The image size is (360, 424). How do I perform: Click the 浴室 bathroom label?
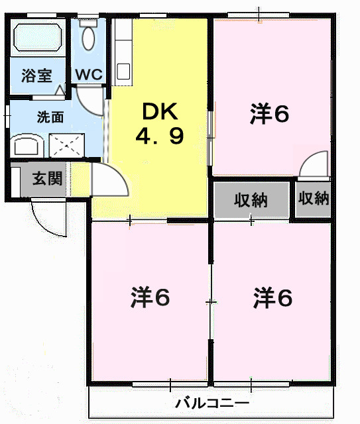(36, 74)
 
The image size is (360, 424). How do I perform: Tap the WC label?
(88, 74)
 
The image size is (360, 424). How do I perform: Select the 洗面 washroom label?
(50, 118)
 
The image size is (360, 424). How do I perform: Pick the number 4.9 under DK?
(160, 137)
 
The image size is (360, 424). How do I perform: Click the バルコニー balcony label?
(212, 403)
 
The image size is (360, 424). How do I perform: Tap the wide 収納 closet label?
(251, 199)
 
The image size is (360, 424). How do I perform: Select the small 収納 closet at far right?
(313, 198)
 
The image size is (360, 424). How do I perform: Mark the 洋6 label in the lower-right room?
(272, 298)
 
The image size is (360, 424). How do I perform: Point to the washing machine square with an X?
(64, 144)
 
